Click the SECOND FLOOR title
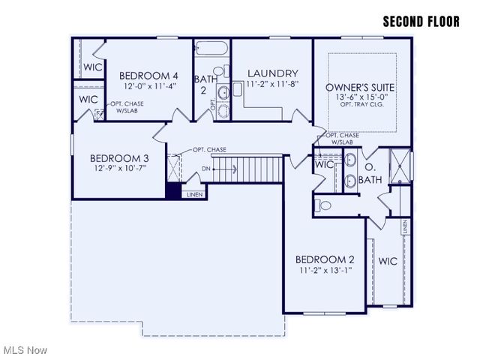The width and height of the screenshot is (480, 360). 421,21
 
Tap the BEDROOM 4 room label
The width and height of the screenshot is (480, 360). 148,76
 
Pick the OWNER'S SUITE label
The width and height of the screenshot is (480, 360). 360,88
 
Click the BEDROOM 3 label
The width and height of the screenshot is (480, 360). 119,158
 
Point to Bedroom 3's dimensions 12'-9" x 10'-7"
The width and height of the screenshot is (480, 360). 119,169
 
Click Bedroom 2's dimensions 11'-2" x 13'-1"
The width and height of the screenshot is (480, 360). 325,269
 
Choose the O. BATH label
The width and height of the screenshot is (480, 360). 371,173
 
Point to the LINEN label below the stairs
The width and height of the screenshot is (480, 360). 194,195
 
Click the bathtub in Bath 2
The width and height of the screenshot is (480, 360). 211,50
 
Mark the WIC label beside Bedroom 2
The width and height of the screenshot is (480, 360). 388,261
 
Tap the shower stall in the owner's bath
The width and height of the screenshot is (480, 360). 399,166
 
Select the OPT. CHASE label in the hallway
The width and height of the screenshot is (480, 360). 209,149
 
